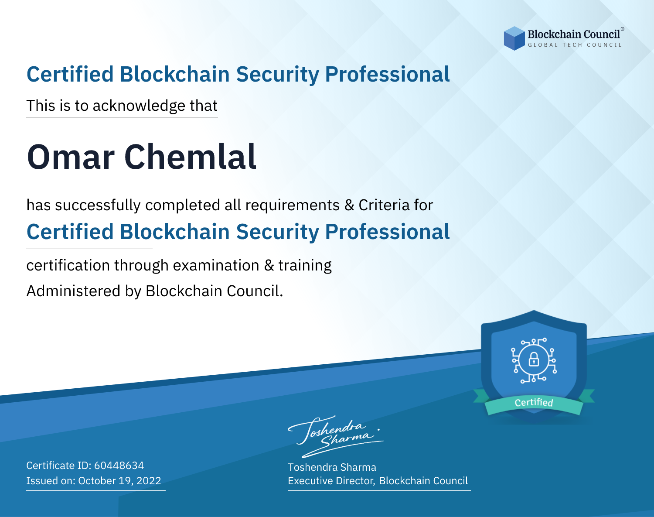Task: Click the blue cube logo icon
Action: point(514,38)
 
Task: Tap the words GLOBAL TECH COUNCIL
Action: point(575,45)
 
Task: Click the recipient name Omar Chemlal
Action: point(142,157)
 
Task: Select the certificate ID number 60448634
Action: point(119,465)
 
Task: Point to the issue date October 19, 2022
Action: point(119,480)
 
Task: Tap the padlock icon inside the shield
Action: point(534,360)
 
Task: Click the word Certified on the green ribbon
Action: point(534,403)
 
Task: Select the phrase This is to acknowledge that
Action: point(122,106)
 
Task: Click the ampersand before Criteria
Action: point(350,205)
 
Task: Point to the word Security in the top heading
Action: point(277,75)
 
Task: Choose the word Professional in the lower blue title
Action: point(387,232)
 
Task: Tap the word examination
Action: point(216,265)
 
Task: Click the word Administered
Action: point(73,291)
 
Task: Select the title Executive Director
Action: point(331,481)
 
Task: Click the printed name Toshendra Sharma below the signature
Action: point(332,467)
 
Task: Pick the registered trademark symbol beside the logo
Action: point(623,29)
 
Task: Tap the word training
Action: point(305,266)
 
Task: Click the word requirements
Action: point(292,205)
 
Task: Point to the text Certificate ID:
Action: point(59,465)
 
